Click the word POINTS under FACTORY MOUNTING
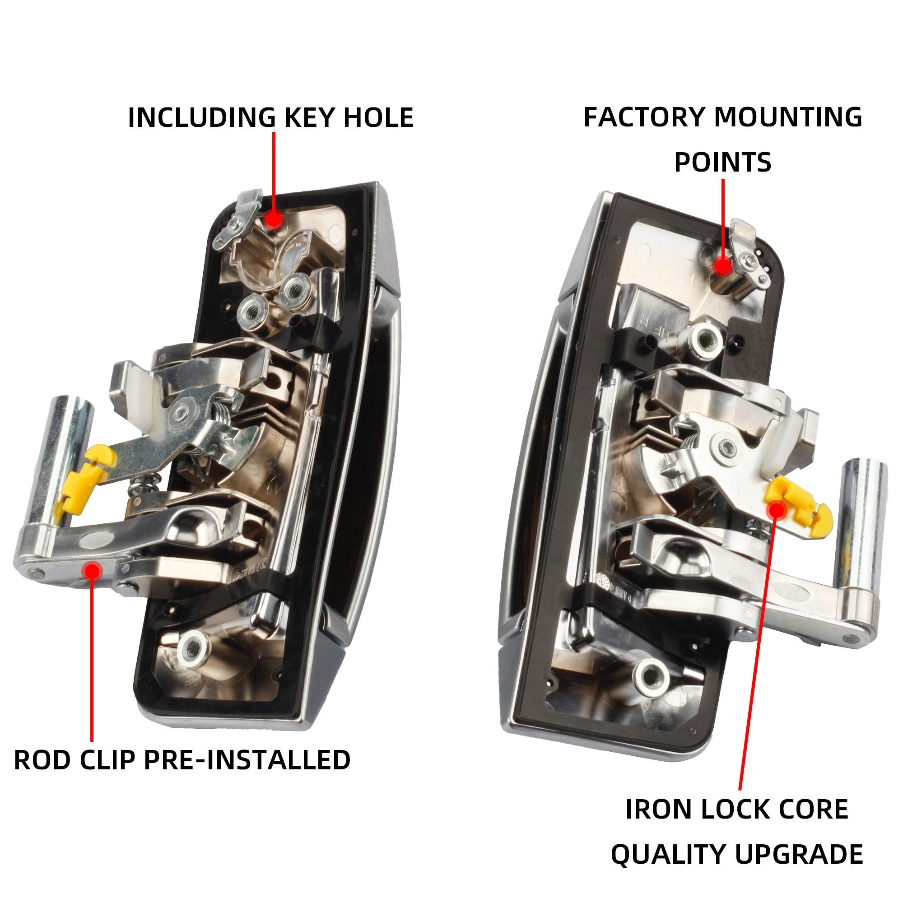tap(722, 162)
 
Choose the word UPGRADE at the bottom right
tap(799, 855)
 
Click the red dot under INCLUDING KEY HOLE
tap(274, 219)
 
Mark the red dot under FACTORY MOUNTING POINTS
tap(723, 266)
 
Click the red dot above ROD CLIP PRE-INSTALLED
tap(92, 570)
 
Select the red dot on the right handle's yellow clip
tap(776, 509)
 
